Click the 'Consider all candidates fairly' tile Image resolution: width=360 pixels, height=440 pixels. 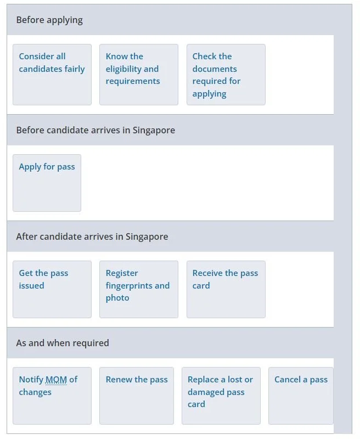[52, 75]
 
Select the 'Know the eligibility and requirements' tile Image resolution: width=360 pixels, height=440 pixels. [139, 75]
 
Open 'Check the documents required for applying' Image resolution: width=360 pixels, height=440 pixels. [226, 75]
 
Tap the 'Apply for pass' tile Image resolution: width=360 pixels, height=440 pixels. [47, 183]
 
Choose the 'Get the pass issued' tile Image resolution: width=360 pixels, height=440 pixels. [52, 289]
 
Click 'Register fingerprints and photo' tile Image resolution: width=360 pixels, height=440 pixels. [139, 289]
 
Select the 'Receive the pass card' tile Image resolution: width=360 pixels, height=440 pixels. [226, 289]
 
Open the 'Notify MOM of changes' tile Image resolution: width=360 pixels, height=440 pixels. [52, 396]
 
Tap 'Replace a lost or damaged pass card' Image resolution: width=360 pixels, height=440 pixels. [221, 396]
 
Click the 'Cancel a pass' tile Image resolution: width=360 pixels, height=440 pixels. [301, 396]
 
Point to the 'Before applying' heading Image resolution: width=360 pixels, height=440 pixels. [49, 20]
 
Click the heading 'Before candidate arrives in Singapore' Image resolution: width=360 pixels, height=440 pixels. [95, 131]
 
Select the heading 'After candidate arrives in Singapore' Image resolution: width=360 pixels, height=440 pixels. [92, 237]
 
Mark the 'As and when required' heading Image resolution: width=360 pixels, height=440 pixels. [63, 343]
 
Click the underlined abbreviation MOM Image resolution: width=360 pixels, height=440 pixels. [56, 380]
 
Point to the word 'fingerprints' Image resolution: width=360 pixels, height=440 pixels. [130, 286]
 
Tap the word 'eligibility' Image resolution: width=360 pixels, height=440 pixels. [124, 69]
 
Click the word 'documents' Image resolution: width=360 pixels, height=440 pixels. [215, 69]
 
